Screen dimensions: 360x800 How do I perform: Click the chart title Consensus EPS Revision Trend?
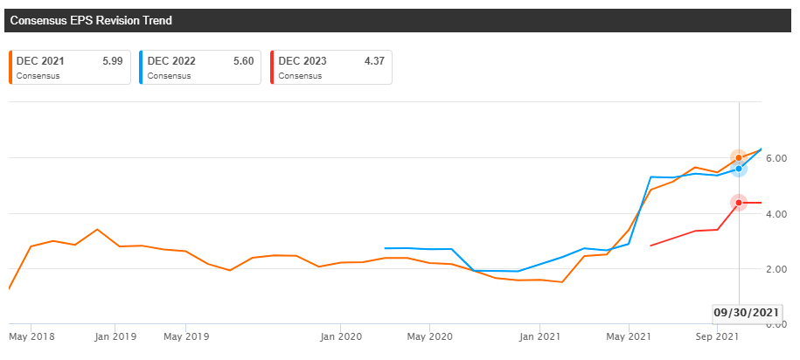point(97,19)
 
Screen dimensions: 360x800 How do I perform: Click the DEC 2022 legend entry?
point(199,66)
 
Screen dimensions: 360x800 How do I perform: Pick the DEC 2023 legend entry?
point(330,66)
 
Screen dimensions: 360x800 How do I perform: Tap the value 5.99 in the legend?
point(113,61)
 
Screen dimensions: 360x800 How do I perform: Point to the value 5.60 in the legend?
point(244,61)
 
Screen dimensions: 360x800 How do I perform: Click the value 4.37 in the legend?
point(375,61)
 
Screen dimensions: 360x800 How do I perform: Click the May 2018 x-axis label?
point(31,336)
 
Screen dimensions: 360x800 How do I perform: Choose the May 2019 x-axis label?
point(184,336)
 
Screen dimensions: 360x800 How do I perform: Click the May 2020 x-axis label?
point(428,336)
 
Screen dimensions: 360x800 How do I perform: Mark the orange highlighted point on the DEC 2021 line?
point(739,158)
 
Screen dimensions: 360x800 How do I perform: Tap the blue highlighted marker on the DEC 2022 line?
point(739,169)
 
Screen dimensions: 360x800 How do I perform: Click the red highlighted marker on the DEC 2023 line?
point(739,203)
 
